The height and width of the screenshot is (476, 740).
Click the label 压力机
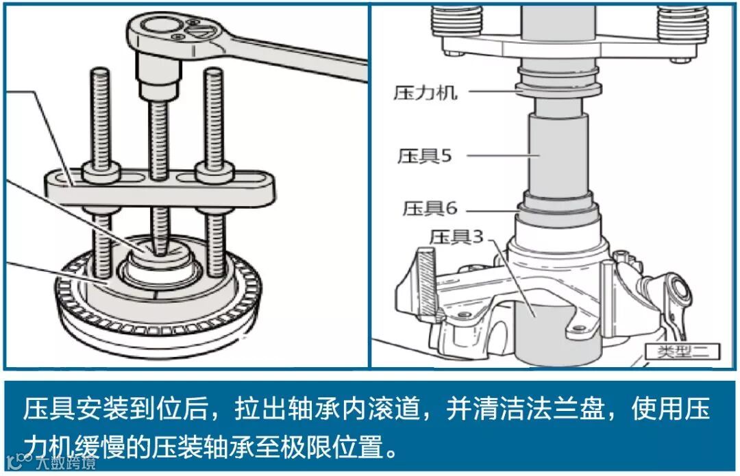pyautogui.click(x=425, y=92)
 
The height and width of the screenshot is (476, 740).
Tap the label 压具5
pyautogui.click(x=425, y=155)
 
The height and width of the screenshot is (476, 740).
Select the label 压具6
pyautogui.click(x=430, y=208)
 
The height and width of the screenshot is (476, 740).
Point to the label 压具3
pyautogui.click(x=457, y=236)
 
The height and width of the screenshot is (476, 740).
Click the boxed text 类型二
pyautogui.click(x=683, y=351)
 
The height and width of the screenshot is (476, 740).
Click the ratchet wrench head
pyautogui.click(x=175, y=33)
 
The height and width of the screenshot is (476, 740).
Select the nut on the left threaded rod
pyautogui.click(x=101, y=173)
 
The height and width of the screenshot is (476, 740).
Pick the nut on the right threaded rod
pyautogui.click(x=214, y=173)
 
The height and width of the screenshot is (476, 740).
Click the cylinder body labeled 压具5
pyautogui.click(x=558, y=155)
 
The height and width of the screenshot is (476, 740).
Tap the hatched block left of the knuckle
pyautogui.click(x=428, y=282)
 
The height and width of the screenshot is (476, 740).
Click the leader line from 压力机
pyautogui.click(x=493, y=90)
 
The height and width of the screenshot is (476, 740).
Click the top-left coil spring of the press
pyautogui.click(x=457, y=19)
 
